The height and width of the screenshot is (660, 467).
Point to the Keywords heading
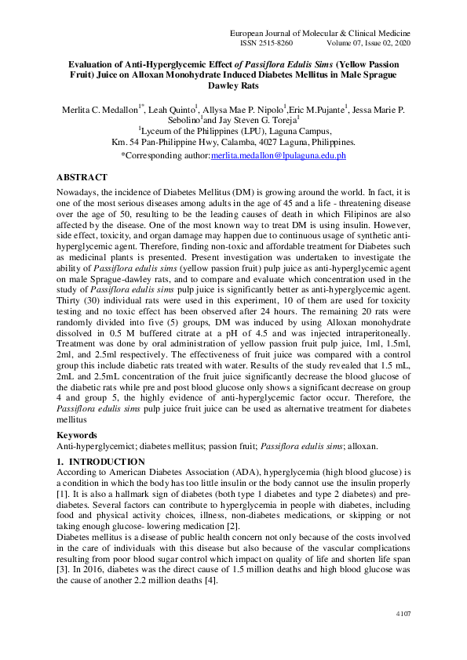(80, 434)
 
